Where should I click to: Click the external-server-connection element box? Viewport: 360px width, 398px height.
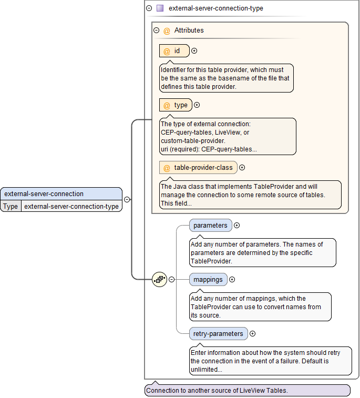point(61,193)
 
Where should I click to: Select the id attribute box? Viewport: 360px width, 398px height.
point(174,51)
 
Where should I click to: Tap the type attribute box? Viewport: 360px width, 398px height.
point(176,105)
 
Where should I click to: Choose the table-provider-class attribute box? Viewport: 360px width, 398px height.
point(198,168)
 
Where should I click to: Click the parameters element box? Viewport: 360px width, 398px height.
point(210,226)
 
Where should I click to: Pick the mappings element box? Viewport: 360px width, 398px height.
point(208,280)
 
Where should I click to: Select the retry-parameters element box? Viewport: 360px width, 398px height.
point(218,334)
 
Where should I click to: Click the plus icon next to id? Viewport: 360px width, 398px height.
point(194,51)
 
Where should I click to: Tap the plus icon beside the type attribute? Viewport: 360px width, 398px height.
point(197,105)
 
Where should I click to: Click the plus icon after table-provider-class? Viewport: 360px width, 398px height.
point(242,168)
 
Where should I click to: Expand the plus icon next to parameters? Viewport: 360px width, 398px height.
point(237,226)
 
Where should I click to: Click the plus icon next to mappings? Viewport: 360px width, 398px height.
point(232,280)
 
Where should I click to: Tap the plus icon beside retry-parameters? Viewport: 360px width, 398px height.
point(253,334)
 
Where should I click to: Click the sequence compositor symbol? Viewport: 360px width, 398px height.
point(159,280)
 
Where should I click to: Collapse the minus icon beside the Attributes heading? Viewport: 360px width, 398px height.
point(156,30)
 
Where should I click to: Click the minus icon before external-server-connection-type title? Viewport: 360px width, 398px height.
point(149,8)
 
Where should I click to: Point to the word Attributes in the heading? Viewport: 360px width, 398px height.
point(189,30)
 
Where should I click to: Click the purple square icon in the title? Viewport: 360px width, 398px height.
point(160,8)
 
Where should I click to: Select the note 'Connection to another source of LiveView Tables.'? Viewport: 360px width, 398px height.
point(247,391)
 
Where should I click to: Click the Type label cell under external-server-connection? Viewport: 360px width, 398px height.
point(11,207)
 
